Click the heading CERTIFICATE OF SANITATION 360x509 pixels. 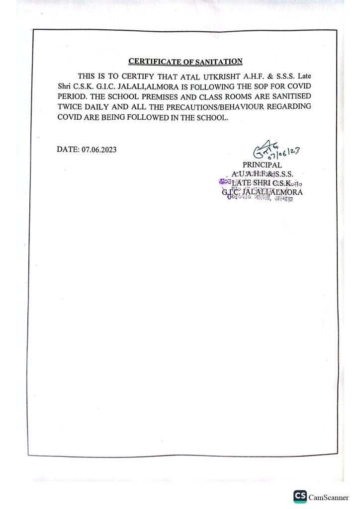tap(185, 62)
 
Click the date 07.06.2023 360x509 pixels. tap(99, 149)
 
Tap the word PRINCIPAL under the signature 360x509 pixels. tap(262, 165)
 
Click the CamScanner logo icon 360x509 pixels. tap(300, 497)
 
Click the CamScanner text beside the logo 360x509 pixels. tap(328, 497)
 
